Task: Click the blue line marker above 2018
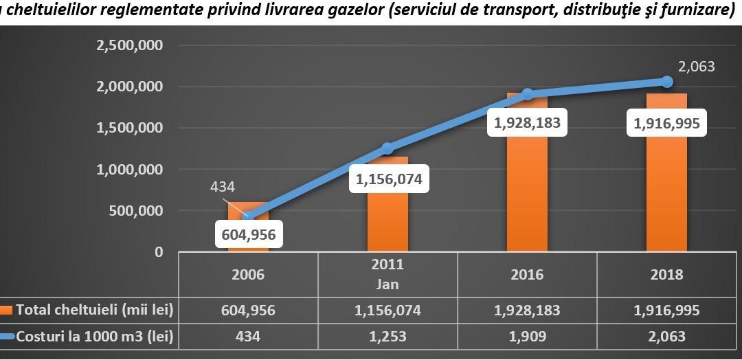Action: [666, 81]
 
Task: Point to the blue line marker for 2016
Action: [527, 94]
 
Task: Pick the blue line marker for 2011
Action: [388, 148]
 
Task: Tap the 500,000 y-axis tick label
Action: [136, 210]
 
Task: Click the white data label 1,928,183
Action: [527, 123]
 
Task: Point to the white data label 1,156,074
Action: [388, 179]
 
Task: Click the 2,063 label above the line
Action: [696, 67]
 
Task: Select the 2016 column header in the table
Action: [527, 274]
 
